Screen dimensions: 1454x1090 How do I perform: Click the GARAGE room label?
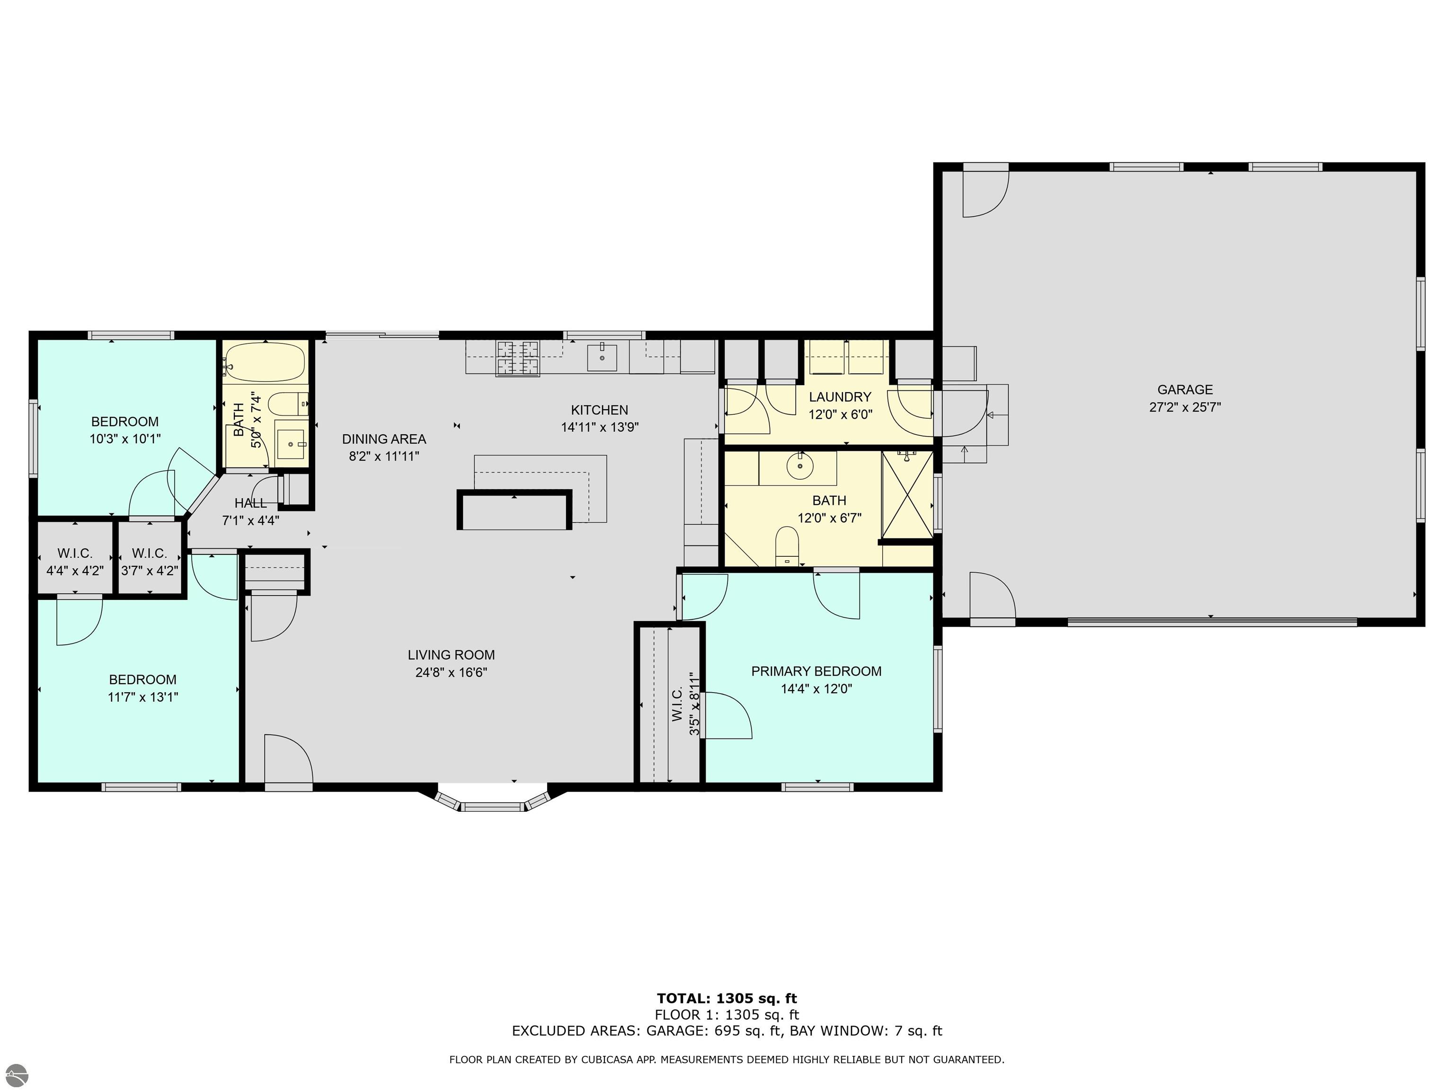pos(1185,390)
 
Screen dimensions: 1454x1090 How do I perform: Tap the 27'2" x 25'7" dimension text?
pos(1185,407)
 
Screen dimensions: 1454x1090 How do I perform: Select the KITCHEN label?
pos(600,410)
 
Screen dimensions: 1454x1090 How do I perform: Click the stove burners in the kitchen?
pos(517,359)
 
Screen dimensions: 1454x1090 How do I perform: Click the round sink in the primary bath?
pos(800,466)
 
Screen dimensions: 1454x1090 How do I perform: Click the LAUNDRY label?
pos(840,397)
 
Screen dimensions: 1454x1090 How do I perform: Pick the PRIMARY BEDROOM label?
pos(816,671)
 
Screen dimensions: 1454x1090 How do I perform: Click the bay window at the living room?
pos(492,803)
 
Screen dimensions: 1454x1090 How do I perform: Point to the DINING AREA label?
pos(384,439)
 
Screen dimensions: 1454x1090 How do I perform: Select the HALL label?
pos(250,503)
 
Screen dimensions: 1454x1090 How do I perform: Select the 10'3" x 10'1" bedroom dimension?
pos(125,439)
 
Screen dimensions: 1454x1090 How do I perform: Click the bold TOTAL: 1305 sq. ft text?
pos(727,999)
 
